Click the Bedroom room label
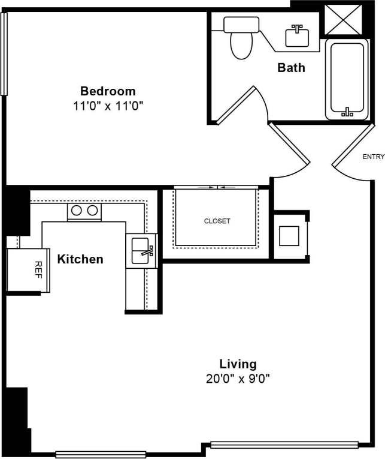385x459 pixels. click(108, 91)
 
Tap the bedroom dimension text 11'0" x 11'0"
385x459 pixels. click(108, 106)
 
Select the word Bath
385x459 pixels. click(291, 68)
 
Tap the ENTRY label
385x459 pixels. click(373, 157)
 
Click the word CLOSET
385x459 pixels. click(217, 221)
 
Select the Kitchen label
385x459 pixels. click(80, 259)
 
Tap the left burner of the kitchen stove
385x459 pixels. click(77, 211)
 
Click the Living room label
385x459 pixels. click(238, 364)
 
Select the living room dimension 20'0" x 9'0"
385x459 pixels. click(238, 379)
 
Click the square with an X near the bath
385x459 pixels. click(343, 19)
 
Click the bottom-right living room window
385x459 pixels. click(284, 445)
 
